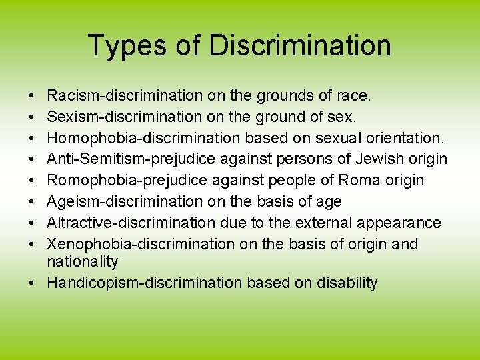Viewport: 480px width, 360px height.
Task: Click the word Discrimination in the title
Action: (300, 46)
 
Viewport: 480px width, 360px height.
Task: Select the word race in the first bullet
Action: (352, 96)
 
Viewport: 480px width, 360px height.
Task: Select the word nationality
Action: (82, 261)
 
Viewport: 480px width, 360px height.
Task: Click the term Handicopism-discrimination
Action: (145, 283)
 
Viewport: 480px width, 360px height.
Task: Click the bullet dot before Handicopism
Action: (32, 283)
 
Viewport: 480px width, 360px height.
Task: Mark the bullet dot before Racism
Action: (32, 97)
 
